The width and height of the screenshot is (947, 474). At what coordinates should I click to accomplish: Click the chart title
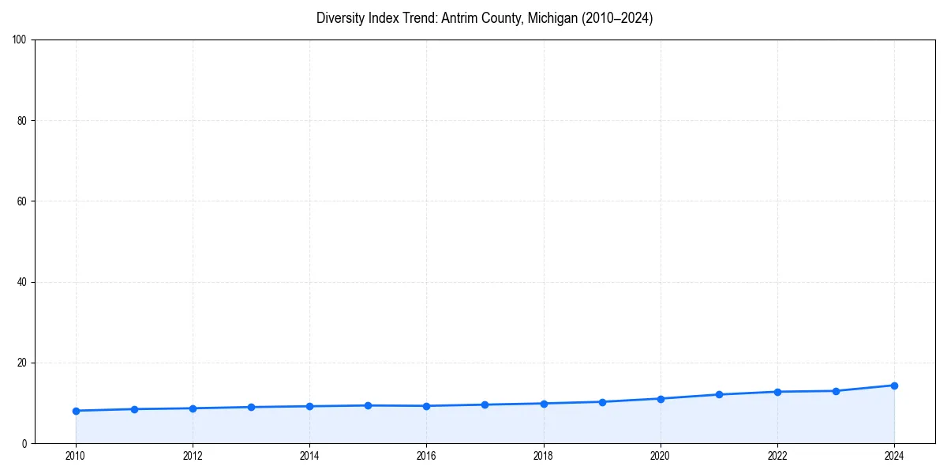pyautogui.click(x=485, y=18)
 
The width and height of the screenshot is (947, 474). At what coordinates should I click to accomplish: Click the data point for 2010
pyautogui.click(x=76, y=411)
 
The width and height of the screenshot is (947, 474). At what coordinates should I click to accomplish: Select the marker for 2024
pyautogui.click(x=894, y=386)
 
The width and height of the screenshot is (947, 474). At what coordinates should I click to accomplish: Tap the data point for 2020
pyautogui.click(x=661, y=399)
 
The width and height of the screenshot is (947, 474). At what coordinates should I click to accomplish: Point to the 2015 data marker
pyautogui.click(x=368, y=405)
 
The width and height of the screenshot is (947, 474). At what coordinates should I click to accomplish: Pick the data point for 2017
pyautogui.click(x=485, y=404)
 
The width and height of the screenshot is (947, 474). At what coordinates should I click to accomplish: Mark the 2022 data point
pyautogui.click(x=777, y=392)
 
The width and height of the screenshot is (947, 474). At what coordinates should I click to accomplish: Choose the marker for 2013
pyautogui.click(x=251, y=407)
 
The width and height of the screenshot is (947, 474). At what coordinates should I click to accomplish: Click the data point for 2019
pyautogui.click(x=602, y=402)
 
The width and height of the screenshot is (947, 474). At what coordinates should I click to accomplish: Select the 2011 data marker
pyautogui.click(x=134, y=409)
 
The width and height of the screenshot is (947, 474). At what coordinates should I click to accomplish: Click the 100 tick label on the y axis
pyautogui.click(x=20, y=40)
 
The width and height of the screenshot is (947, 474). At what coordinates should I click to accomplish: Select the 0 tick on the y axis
pyautogui.click(x=24, y=444)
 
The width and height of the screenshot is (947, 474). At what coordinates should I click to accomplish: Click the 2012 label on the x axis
pyautogui.click(x=193, y=455)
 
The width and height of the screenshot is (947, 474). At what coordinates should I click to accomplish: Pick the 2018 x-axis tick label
pyautogui.click(x=544, y=455)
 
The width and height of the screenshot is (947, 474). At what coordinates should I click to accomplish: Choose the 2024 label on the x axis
pyautogui.click(x=894, y=455)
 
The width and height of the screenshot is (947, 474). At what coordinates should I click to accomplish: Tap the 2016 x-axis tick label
pyautogui.click(x=426, y=455)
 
